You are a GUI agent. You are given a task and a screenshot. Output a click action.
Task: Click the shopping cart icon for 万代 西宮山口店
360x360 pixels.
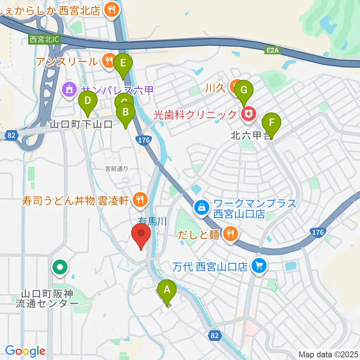click(258, 266)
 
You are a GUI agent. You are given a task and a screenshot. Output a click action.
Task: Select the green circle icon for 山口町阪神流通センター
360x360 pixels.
click(60, 268)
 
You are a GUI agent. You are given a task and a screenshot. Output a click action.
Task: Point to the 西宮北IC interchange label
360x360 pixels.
click(44, 39)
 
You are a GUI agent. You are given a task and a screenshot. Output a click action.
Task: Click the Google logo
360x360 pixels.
click(25, 351)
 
